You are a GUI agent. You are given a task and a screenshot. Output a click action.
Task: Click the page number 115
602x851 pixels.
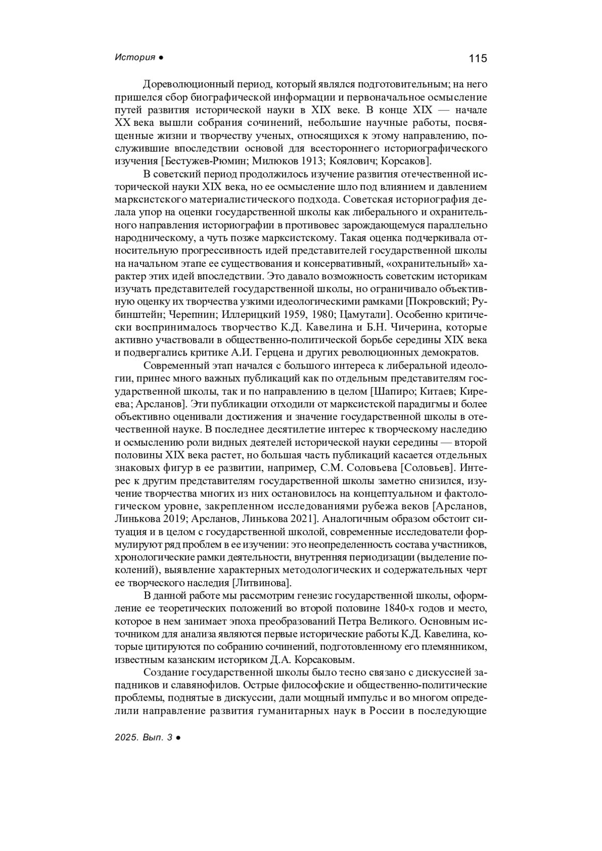(478, 58)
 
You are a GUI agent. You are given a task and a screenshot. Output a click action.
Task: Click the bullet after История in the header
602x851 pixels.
(161, 58)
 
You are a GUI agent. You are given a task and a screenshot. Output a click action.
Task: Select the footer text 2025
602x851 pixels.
(125, 737)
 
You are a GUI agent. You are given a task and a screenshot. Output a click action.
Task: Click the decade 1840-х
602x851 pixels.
(401, 609)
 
